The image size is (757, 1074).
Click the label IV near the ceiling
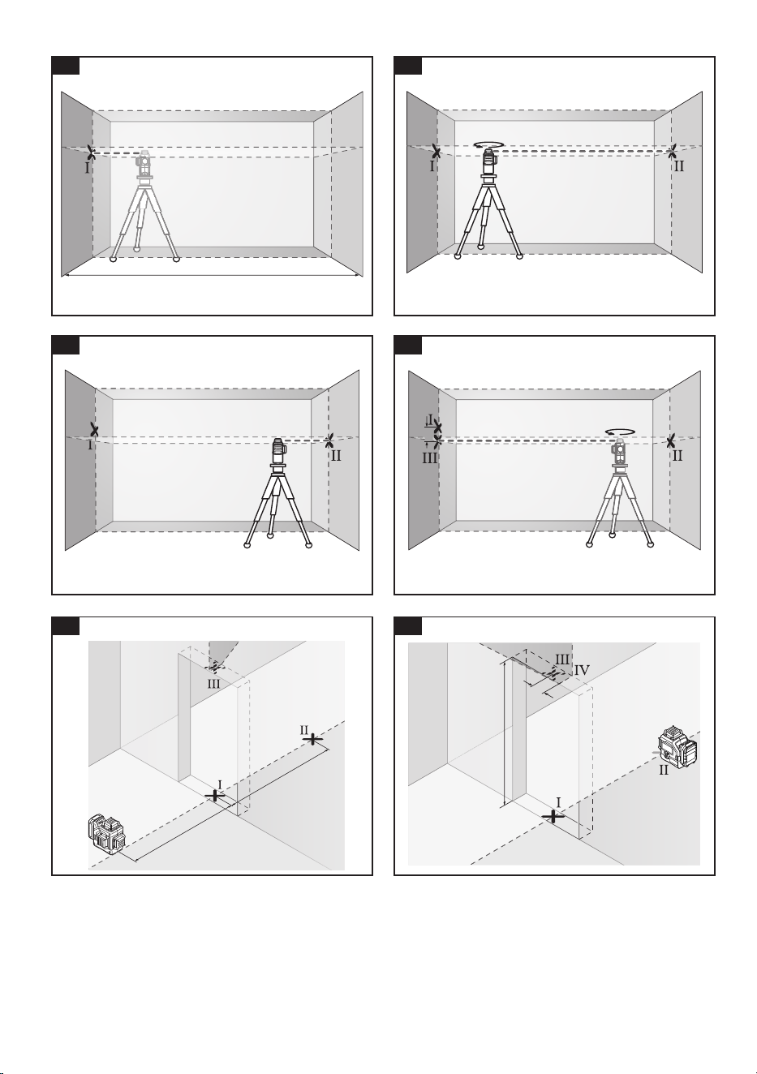582,670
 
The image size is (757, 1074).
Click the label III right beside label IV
562,659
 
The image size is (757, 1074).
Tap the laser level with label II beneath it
677,748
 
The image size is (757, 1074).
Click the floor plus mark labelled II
312,739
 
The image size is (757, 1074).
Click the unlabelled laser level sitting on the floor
106,832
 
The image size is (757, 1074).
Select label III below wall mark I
430,458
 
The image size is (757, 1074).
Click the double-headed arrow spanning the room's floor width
212,276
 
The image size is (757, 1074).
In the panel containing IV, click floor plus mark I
553,817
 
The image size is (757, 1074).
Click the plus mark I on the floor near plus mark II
214,796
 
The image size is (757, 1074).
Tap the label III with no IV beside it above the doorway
214,684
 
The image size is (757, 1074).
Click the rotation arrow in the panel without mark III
489,144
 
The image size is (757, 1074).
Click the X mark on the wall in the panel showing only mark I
91,153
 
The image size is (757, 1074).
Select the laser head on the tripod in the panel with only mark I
144,165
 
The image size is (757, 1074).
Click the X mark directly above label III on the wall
437,439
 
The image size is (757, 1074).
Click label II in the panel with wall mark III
677,455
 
